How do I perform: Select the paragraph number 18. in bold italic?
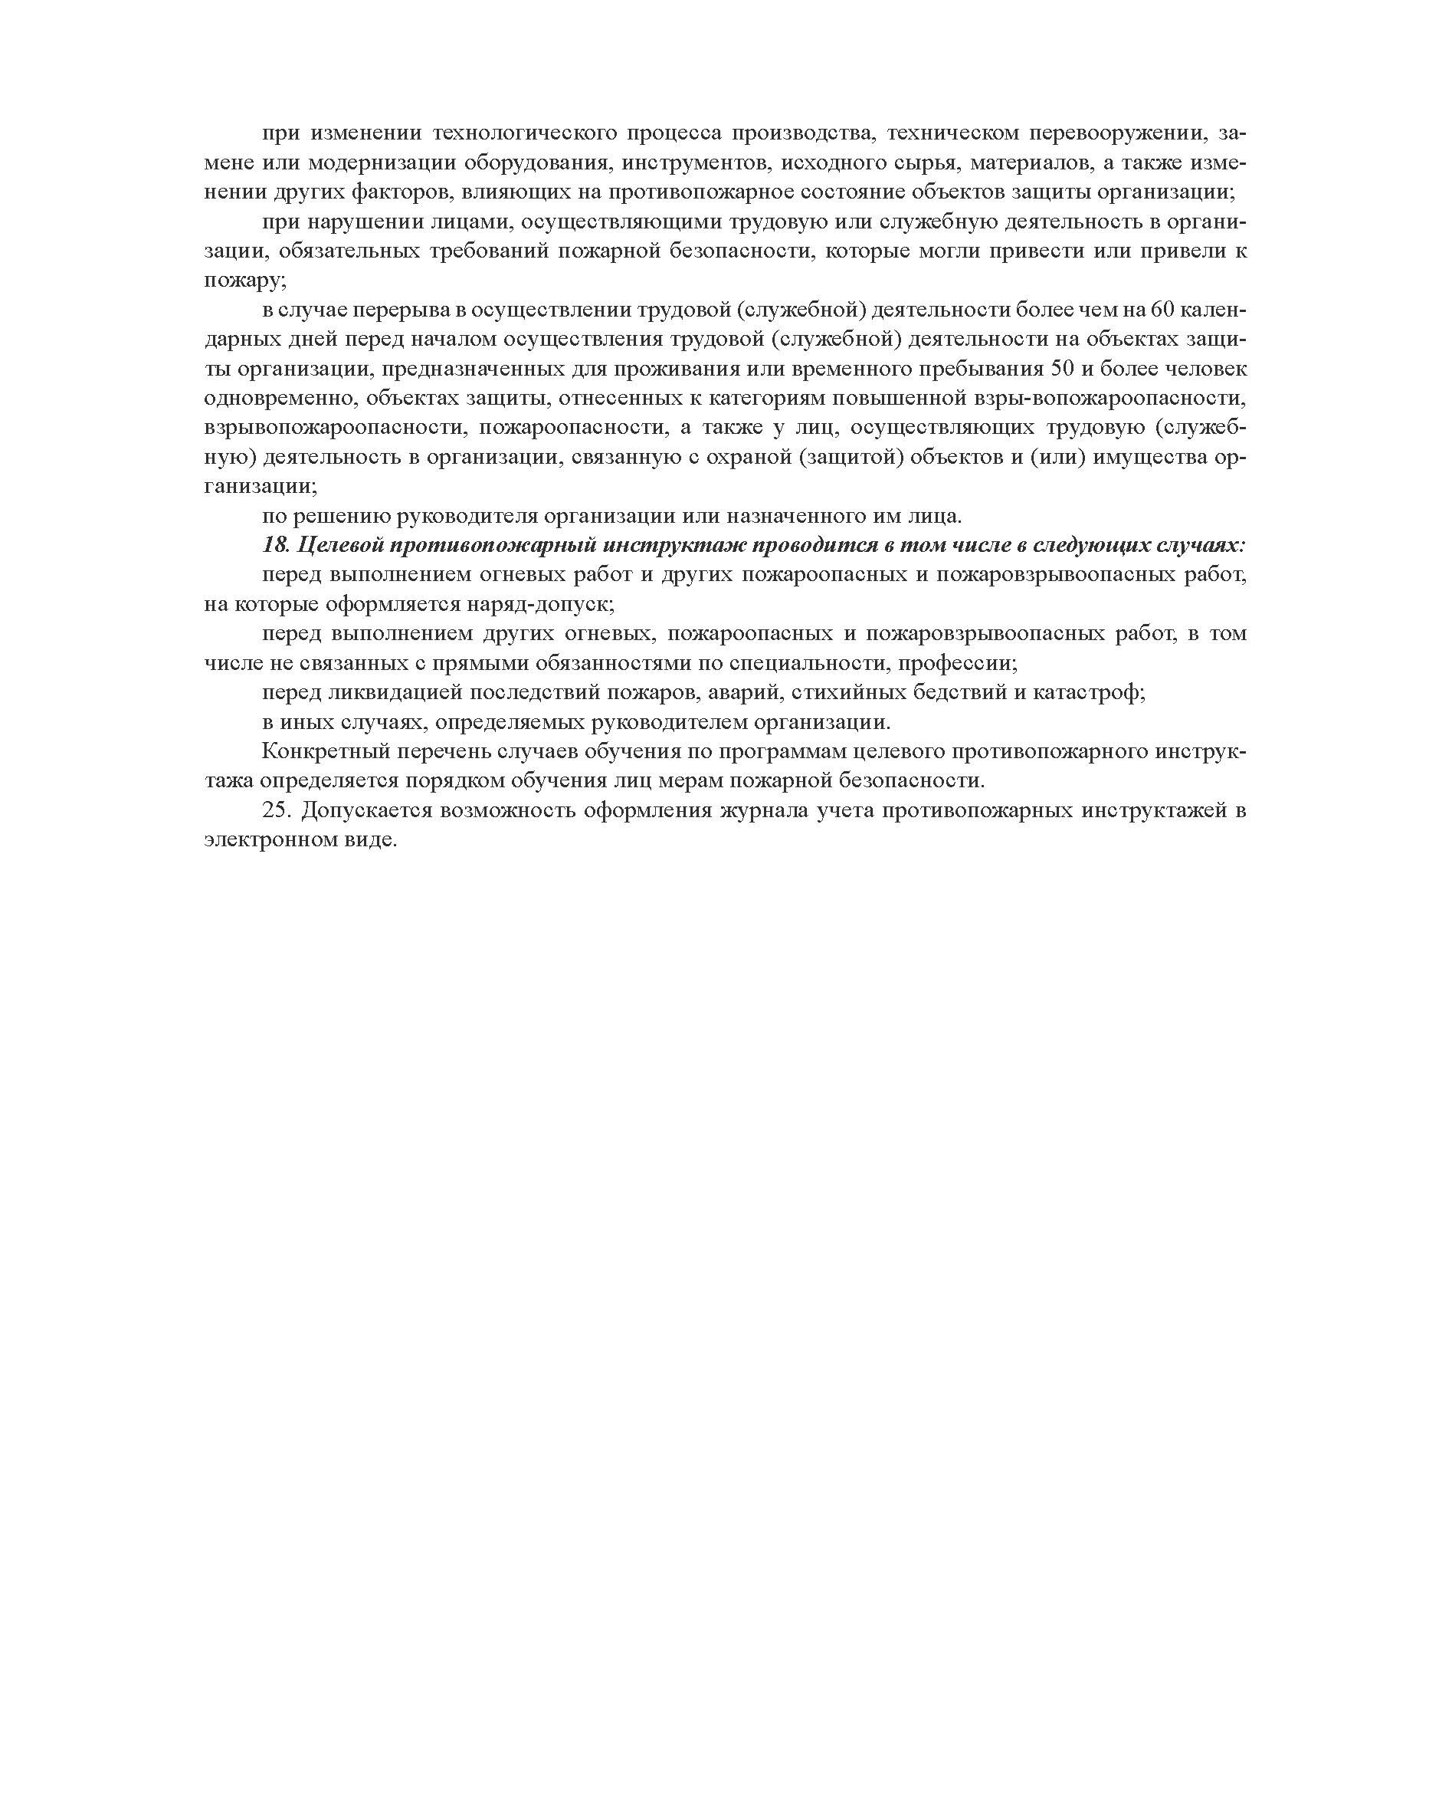[x=275, y=546]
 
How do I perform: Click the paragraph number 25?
[x=276, y=811]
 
